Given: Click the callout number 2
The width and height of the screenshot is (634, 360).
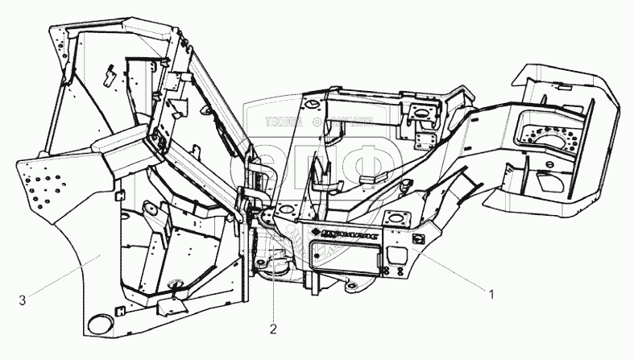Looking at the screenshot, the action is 273,329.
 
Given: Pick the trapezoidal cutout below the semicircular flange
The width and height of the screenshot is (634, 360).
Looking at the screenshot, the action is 554,182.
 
